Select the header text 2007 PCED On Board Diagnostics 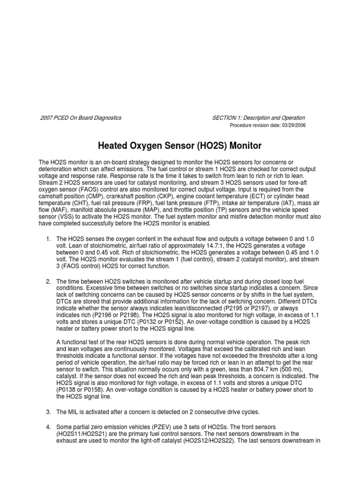click(x=80, y=118)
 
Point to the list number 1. click(x=48, y=239)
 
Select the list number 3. click(x=48, y=412)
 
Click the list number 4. click(x=48, y=427)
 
